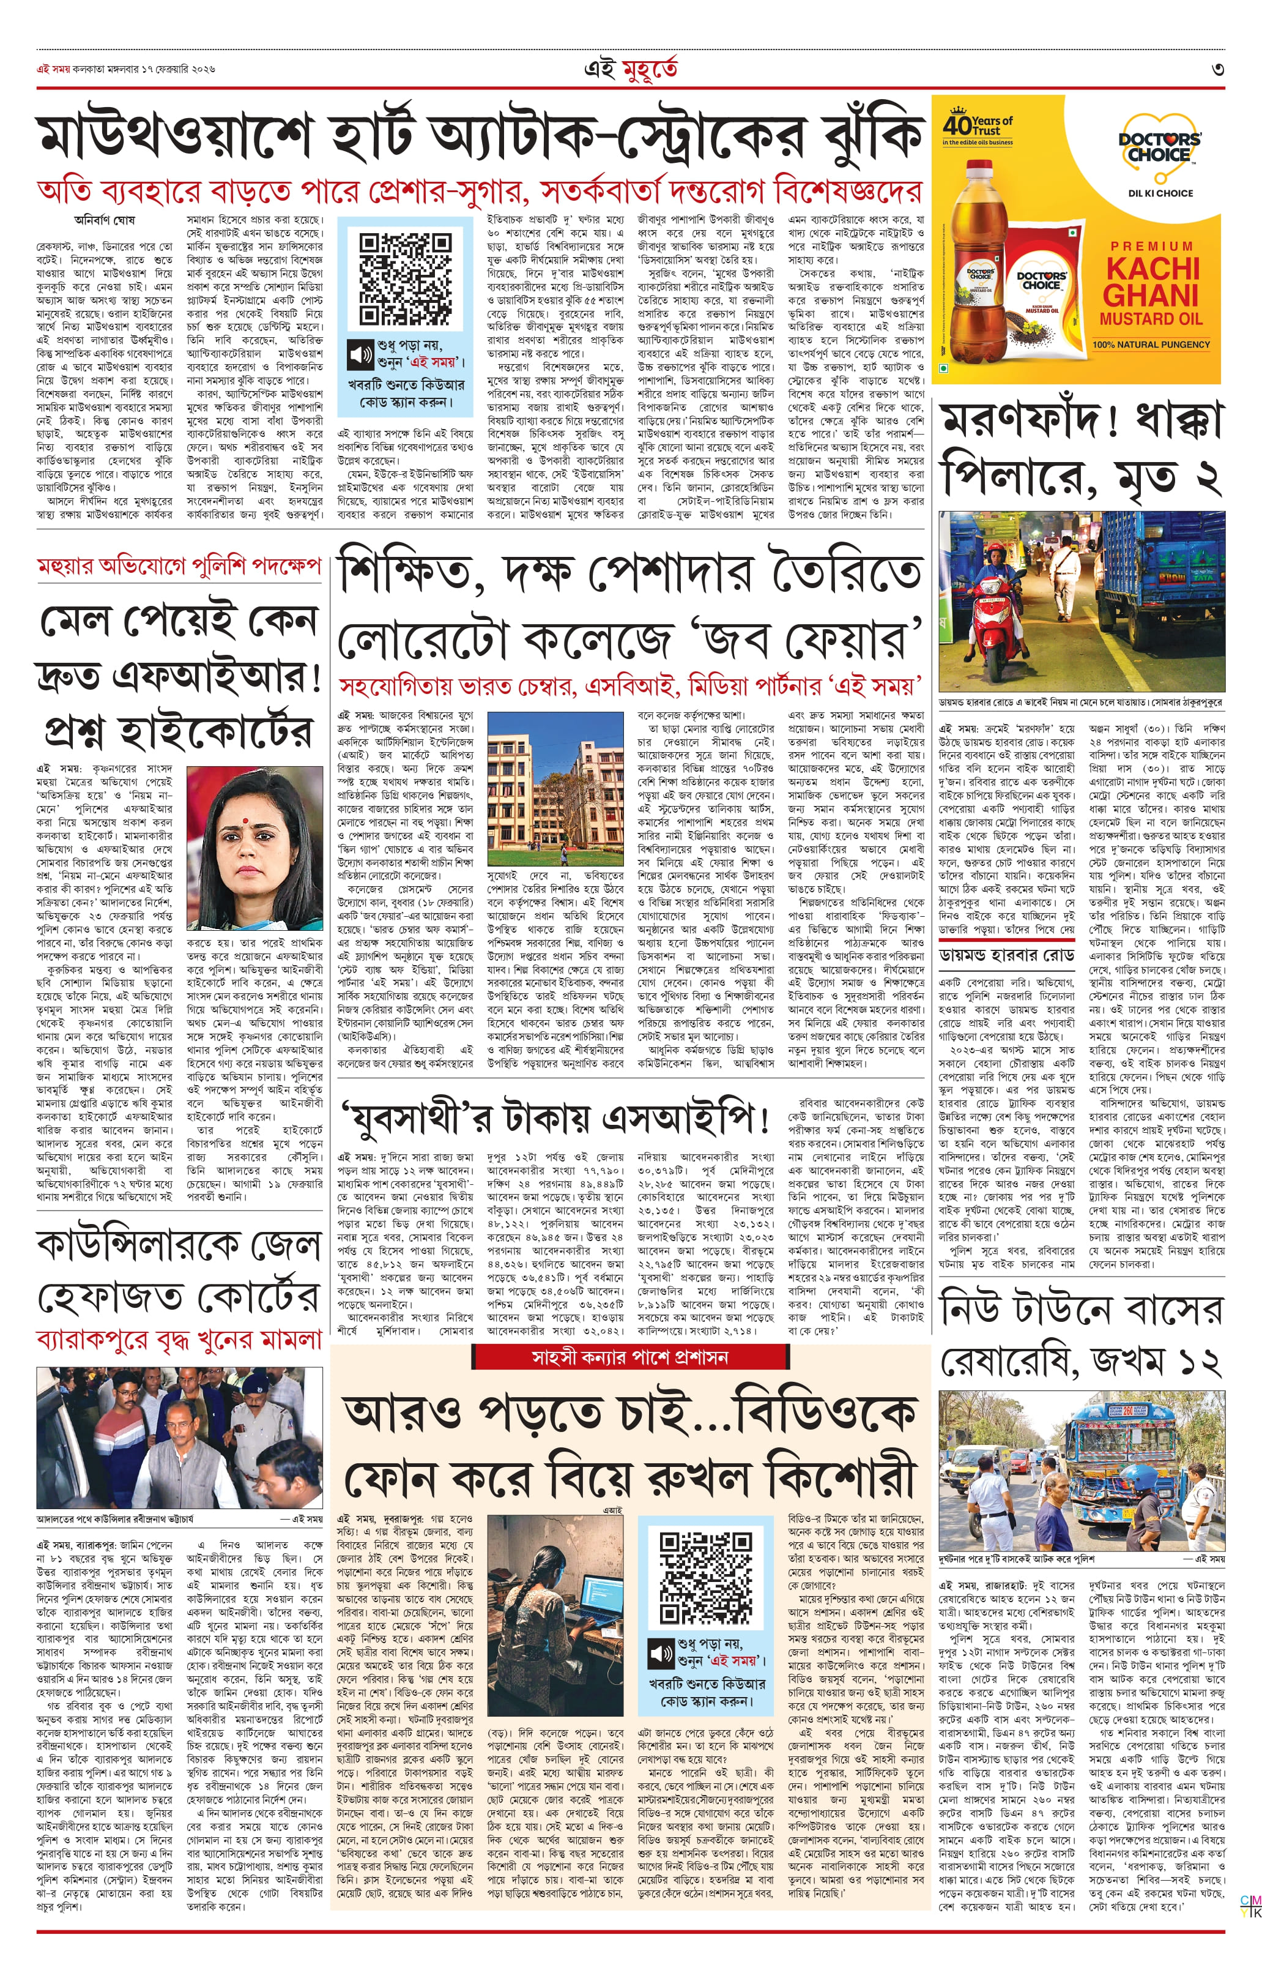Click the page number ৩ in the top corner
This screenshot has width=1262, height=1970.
pos(1218,70)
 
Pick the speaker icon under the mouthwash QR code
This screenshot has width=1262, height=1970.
pos(360,354)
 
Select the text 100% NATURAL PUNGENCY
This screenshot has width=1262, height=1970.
pos(1151,345)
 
